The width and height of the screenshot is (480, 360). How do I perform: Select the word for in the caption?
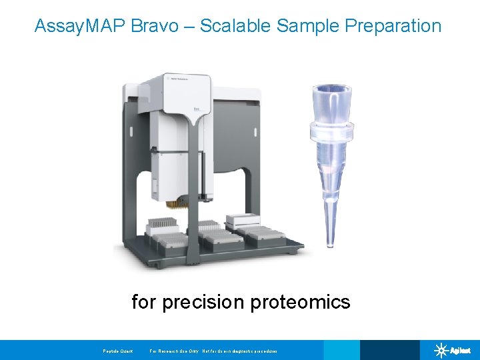tap(143, 302)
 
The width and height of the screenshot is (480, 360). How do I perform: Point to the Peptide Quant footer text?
tap(118, 351)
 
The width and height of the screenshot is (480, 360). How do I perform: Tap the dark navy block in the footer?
tap(389, 350)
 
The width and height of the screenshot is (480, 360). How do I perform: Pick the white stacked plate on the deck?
tap(243, 221)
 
